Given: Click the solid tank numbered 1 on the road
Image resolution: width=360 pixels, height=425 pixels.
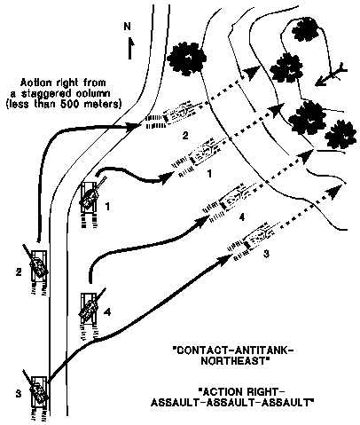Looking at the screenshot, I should click(x=90, y=195).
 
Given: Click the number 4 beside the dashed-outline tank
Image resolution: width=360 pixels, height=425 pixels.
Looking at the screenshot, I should click(x=240, y=216).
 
